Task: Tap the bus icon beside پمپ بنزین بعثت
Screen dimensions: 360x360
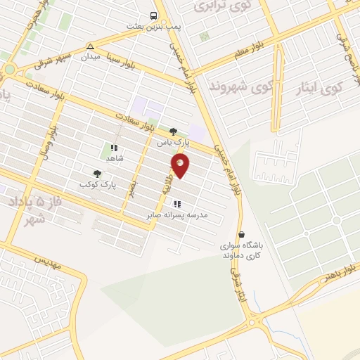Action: (153, 15)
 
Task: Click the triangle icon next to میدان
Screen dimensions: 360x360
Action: (89, 46)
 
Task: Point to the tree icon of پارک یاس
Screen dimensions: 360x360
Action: (173, 131)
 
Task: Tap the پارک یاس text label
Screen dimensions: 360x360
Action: (173, 141)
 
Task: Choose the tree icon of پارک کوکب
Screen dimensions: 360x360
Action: (97, 173)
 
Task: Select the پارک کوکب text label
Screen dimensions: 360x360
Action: (97, 184)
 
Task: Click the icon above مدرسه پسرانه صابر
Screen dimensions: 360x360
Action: (176, 204)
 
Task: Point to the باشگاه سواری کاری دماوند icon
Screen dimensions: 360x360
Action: (242, 235)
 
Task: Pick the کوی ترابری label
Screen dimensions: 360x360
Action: (213, 6)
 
